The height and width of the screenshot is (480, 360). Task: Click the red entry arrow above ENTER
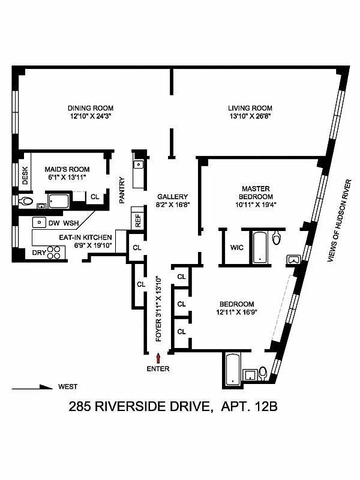tap(159, 358)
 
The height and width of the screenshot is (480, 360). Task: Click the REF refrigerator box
tap(137, 220)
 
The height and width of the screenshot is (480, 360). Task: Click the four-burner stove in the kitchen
tap(55, 253)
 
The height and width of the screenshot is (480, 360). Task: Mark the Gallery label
tap(173, 197)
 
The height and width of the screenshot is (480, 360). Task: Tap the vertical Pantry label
tap(122, 190)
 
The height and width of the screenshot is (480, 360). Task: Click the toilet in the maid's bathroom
tap(26, 201)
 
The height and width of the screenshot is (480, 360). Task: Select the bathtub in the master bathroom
tap(259, 247)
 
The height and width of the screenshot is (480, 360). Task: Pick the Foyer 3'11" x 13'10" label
tap(158, 309)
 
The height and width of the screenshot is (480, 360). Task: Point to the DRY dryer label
tap(38, 253)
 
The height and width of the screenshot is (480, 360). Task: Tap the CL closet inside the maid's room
tap(95, 196)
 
